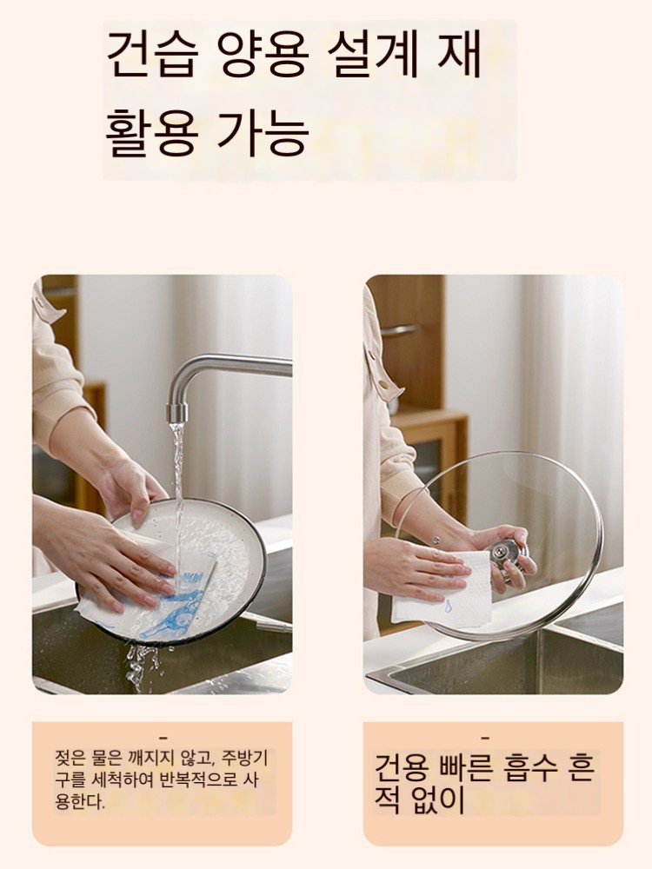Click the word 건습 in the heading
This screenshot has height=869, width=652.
tap(151, 54)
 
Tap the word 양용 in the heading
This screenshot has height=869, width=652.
tap(262, 54)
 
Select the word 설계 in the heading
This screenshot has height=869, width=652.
tap(373, 54)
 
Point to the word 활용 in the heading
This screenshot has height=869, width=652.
tap(151, 132)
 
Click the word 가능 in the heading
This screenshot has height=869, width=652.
tap(263, 132)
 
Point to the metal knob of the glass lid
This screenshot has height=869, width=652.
tap(506, 555)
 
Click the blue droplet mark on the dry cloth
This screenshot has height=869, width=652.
tap(448, 606)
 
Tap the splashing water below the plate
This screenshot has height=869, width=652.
tap(142, 667)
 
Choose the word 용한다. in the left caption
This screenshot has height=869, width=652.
tap(80, 801)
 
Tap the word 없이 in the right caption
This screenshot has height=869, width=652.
tap(438, 800)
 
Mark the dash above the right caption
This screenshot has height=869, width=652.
tap(485, 738)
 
